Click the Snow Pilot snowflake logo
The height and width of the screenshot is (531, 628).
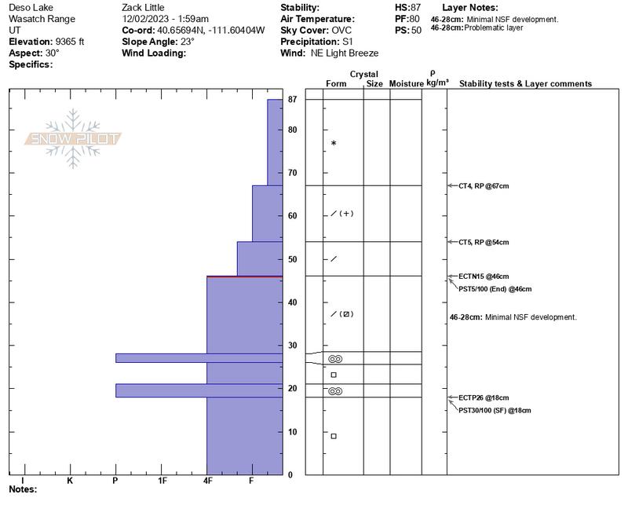tap(74, 139)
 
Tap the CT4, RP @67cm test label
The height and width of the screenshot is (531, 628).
tap(484, 186)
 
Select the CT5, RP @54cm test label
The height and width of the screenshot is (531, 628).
tap(484, 242)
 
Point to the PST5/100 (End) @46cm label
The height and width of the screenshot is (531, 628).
tap(495, 289)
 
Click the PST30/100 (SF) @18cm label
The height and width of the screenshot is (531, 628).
tap(495, 411)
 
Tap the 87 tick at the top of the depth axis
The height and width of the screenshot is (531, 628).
tap(292, 100)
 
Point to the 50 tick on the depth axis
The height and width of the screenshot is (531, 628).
tap(292, 259)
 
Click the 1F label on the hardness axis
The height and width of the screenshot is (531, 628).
tap(162, 480)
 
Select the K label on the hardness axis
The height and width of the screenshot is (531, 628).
tap(70, 480)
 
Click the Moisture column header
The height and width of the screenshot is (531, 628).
tap(406, 84)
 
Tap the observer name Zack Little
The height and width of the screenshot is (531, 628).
tap(143, 7)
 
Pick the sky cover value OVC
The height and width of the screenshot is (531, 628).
tap(342, 30)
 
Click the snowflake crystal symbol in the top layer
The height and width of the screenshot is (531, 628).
tap(334, 143)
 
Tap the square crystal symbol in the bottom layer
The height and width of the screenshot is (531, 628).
tap(334, 436)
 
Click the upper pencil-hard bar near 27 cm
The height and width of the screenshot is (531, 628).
tap(199, 358)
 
